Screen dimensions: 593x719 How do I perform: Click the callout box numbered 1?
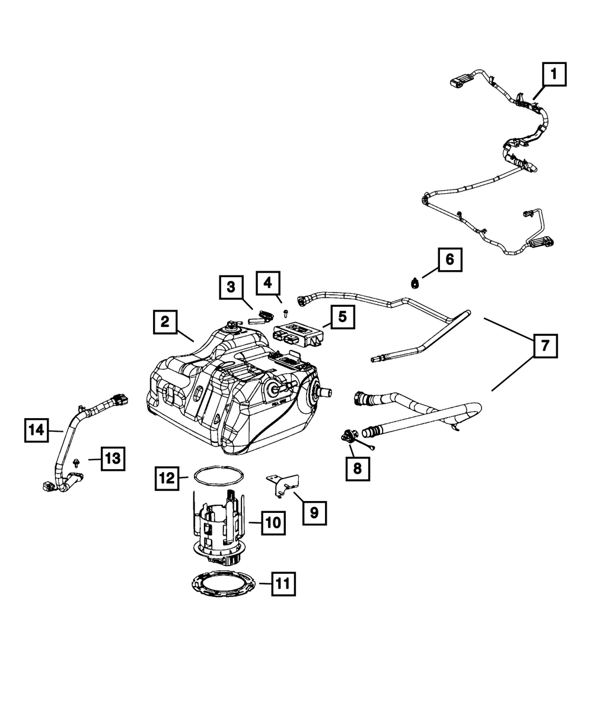[554, 74]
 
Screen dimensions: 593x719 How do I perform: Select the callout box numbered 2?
[165, 322]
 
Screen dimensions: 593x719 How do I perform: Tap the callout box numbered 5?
[342, 317]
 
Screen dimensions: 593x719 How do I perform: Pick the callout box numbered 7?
[545, 346]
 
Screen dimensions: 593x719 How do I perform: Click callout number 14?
[37, 430]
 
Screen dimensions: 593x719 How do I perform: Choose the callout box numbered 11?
[283, 584]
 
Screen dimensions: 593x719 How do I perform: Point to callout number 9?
[314, 523]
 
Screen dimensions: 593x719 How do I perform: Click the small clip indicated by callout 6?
[415, 284]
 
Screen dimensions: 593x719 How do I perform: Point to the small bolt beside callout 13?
[76, 463]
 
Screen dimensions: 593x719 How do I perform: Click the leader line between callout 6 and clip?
[431, 272]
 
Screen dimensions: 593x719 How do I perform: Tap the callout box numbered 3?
[231, 287]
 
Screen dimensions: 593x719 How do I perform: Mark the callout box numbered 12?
[167, 478]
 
